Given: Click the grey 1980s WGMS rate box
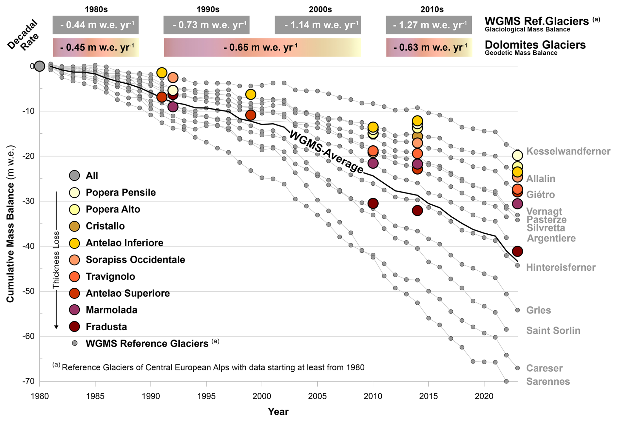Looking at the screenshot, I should coord(95,25).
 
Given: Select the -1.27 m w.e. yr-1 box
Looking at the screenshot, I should coord(429,25).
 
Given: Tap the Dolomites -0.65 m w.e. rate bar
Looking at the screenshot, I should coord(262,47).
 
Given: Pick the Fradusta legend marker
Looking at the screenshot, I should coord(75,327).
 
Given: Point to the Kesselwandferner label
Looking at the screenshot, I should coord(568,151).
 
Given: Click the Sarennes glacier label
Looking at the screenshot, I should coord(548,381).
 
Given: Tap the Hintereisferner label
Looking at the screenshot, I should coord(561,267).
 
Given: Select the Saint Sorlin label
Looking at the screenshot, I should coord(553,330).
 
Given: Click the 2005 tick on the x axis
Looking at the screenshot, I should coord(317,396).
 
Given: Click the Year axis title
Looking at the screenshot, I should coord(278,412).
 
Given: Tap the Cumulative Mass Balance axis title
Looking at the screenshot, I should coord(10,224).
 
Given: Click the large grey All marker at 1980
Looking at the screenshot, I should coord(40,66).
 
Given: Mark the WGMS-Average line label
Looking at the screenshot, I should coord(326,152).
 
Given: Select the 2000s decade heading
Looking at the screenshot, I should coord(320,9).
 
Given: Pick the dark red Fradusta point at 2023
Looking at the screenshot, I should coord(517,251).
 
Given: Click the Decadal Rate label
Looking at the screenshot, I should coord(23,35).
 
